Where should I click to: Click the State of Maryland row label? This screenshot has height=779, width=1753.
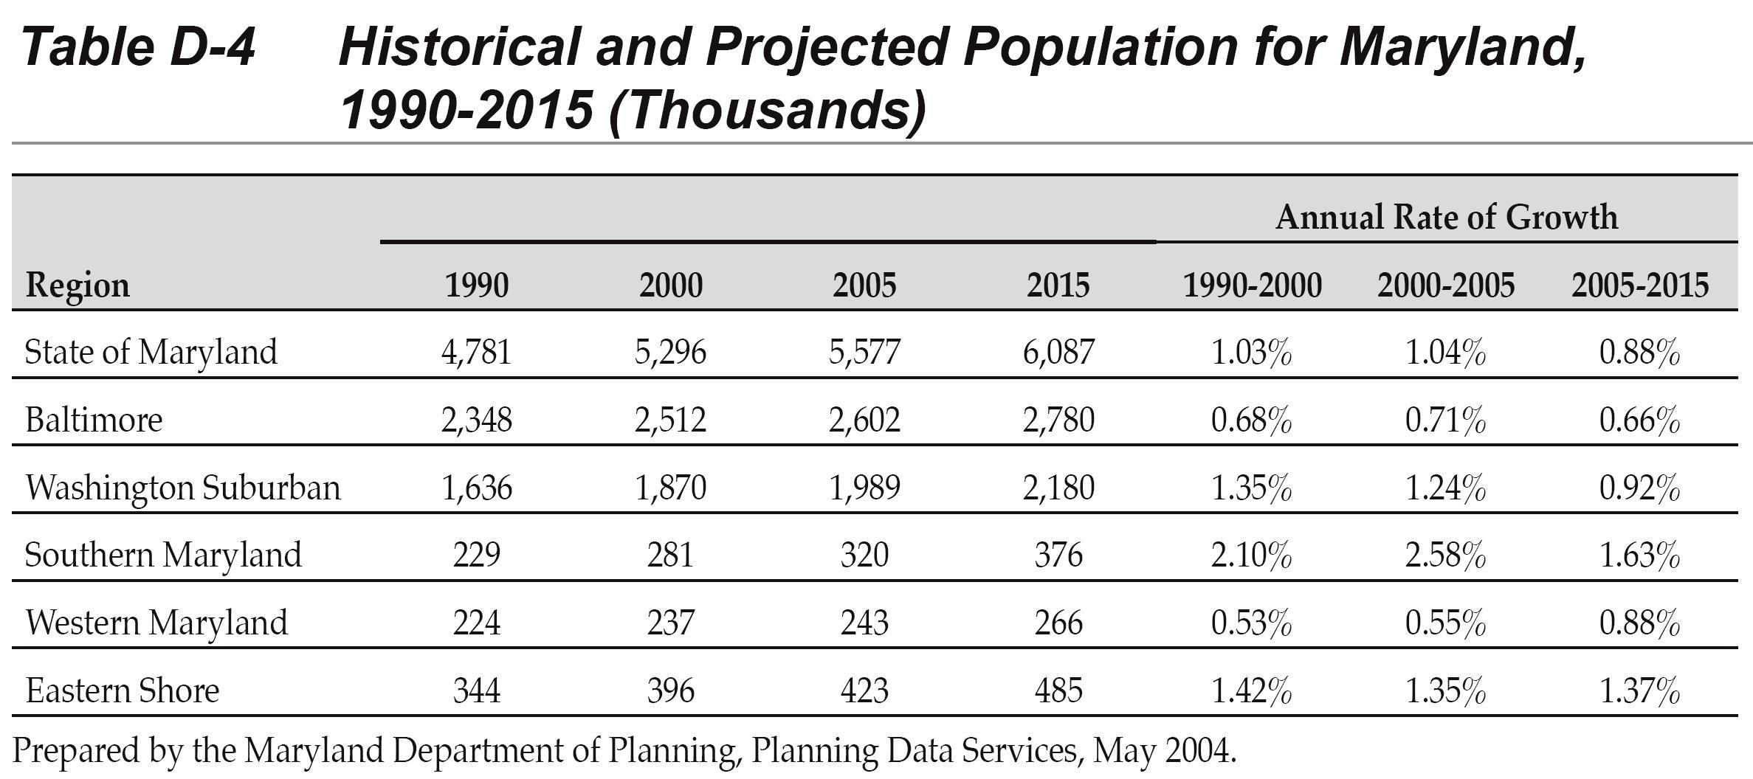click(x=151, y=352)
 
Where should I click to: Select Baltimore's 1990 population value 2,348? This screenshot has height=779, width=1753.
click(x=477, y=420)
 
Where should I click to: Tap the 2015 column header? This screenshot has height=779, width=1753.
click(x=1058, y=285)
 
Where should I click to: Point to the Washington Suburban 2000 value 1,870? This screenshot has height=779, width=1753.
click(x=670, y=488)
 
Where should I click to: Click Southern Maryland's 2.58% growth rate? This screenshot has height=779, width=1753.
click(x=1445, y=555)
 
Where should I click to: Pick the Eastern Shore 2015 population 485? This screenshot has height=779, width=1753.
click(x=1058, y=690)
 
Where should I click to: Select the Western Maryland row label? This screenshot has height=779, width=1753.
click(x=156, y=623)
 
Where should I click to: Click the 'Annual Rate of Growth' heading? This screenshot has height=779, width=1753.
click(x=1446, y=218)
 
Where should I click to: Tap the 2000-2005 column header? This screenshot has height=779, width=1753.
click(x=1445, y=285)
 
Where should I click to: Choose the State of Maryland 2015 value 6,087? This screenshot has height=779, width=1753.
click(x=1058, y=352)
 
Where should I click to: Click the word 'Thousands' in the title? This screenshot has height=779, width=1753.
click(x=766, y=111)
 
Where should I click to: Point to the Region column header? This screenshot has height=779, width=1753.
click(x=78, y=285)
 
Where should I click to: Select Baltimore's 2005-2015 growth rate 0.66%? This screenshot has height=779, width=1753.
click(x=1639, y=420)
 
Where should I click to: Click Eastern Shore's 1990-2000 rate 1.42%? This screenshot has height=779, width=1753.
click(x=1251, y=690)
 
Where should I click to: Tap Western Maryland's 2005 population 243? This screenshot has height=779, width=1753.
click(x=864, y=623)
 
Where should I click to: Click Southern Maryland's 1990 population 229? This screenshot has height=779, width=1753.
click(x=477, y=555)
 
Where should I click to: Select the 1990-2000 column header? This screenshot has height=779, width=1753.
click(x=1252, y=285)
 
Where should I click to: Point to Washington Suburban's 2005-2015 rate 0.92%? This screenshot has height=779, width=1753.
click(x=1639, y=488)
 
